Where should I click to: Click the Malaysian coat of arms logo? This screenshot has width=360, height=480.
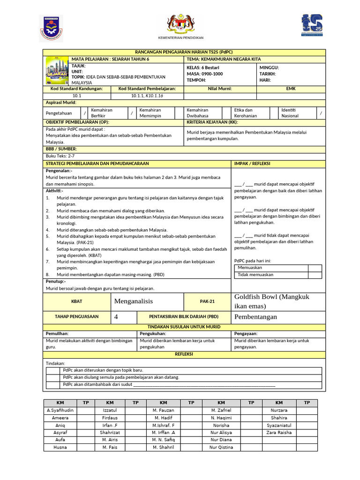[180, 23]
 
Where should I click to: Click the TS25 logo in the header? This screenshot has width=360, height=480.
[312, 25]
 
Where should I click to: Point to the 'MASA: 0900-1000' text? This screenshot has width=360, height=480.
[205, 74]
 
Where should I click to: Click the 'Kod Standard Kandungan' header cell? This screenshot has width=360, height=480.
[76, 89]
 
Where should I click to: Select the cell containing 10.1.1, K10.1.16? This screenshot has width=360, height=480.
[147, 96]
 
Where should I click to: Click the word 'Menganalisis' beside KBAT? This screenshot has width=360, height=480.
[134, 301]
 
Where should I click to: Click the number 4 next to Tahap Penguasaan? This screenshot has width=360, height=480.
[116, 317]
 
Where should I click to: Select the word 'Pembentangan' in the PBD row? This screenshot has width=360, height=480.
[255, 317]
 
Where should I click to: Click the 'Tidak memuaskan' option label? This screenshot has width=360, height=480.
[255, 275]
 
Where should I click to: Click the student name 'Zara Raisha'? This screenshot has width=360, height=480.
[278, 432]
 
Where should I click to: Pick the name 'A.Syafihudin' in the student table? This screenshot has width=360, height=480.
[60, 410]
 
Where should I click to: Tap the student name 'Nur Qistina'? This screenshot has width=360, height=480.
[221, 447]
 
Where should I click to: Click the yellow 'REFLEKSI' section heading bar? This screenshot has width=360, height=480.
[184, 354]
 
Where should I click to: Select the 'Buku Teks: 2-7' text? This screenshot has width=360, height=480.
[60, 156]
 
